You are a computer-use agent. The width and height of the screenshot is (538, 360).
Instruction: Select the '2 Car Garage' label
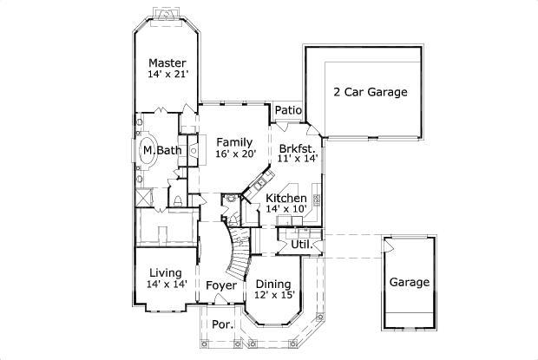[371, 92]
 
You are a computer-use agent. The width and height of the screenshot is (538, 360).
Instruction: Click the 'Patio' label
[287, 111]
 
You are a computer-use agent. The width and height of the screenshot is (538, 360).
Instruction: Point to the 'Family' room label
[234, 142]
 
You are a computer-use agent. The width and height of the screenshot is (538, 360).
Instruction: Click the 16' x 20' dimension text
[234, 154]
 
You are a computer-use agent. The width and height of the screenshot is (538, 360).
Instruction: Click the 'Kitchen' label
[285, 199]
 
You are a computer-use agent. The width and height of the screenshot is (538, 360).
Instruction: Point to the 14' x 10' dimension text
[285, 209]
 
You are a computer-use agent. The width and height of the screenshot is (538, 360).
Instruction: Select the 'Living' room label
[165, 273]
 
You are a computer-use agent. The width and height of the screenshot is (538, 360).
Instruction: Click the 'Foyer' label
[221, 285]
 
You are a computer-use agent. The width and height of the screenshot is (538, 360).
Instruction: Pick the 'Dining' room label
[273, 283]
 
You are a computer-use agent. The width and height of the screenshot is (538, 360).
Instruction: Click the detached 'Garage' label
[409, 282]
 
